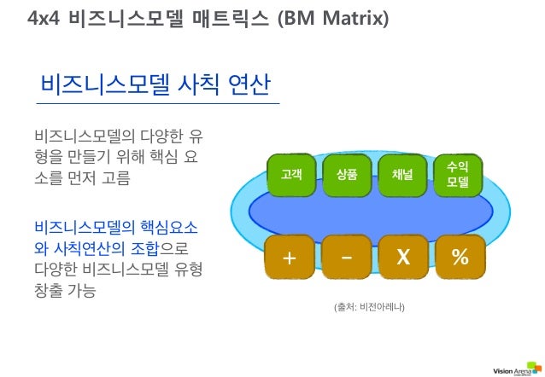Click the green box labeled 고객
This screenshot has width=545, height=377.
coord(291,175)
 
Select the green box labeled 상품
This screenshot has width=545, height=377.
coord(347,175)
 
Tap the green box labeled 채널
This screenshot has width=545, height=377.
coord(402,175)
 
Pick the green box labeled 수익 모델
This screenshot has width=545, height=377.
coord(458,175)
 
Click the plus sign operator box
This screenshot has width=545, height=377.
coord(291,257)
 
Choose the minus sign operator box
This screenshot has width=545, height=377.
coord(347,257)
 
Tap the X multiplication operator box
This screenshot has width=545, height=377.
coord(402,257)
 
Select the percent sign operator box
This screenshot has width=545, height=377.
coord(459,257)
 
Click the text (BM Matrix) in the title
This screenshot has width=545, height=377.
coord(334,16)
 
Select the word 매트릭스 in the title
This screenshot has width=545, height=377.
coord(231,16)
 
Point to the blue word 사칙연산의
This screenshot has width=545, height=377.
coord(85,248)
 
